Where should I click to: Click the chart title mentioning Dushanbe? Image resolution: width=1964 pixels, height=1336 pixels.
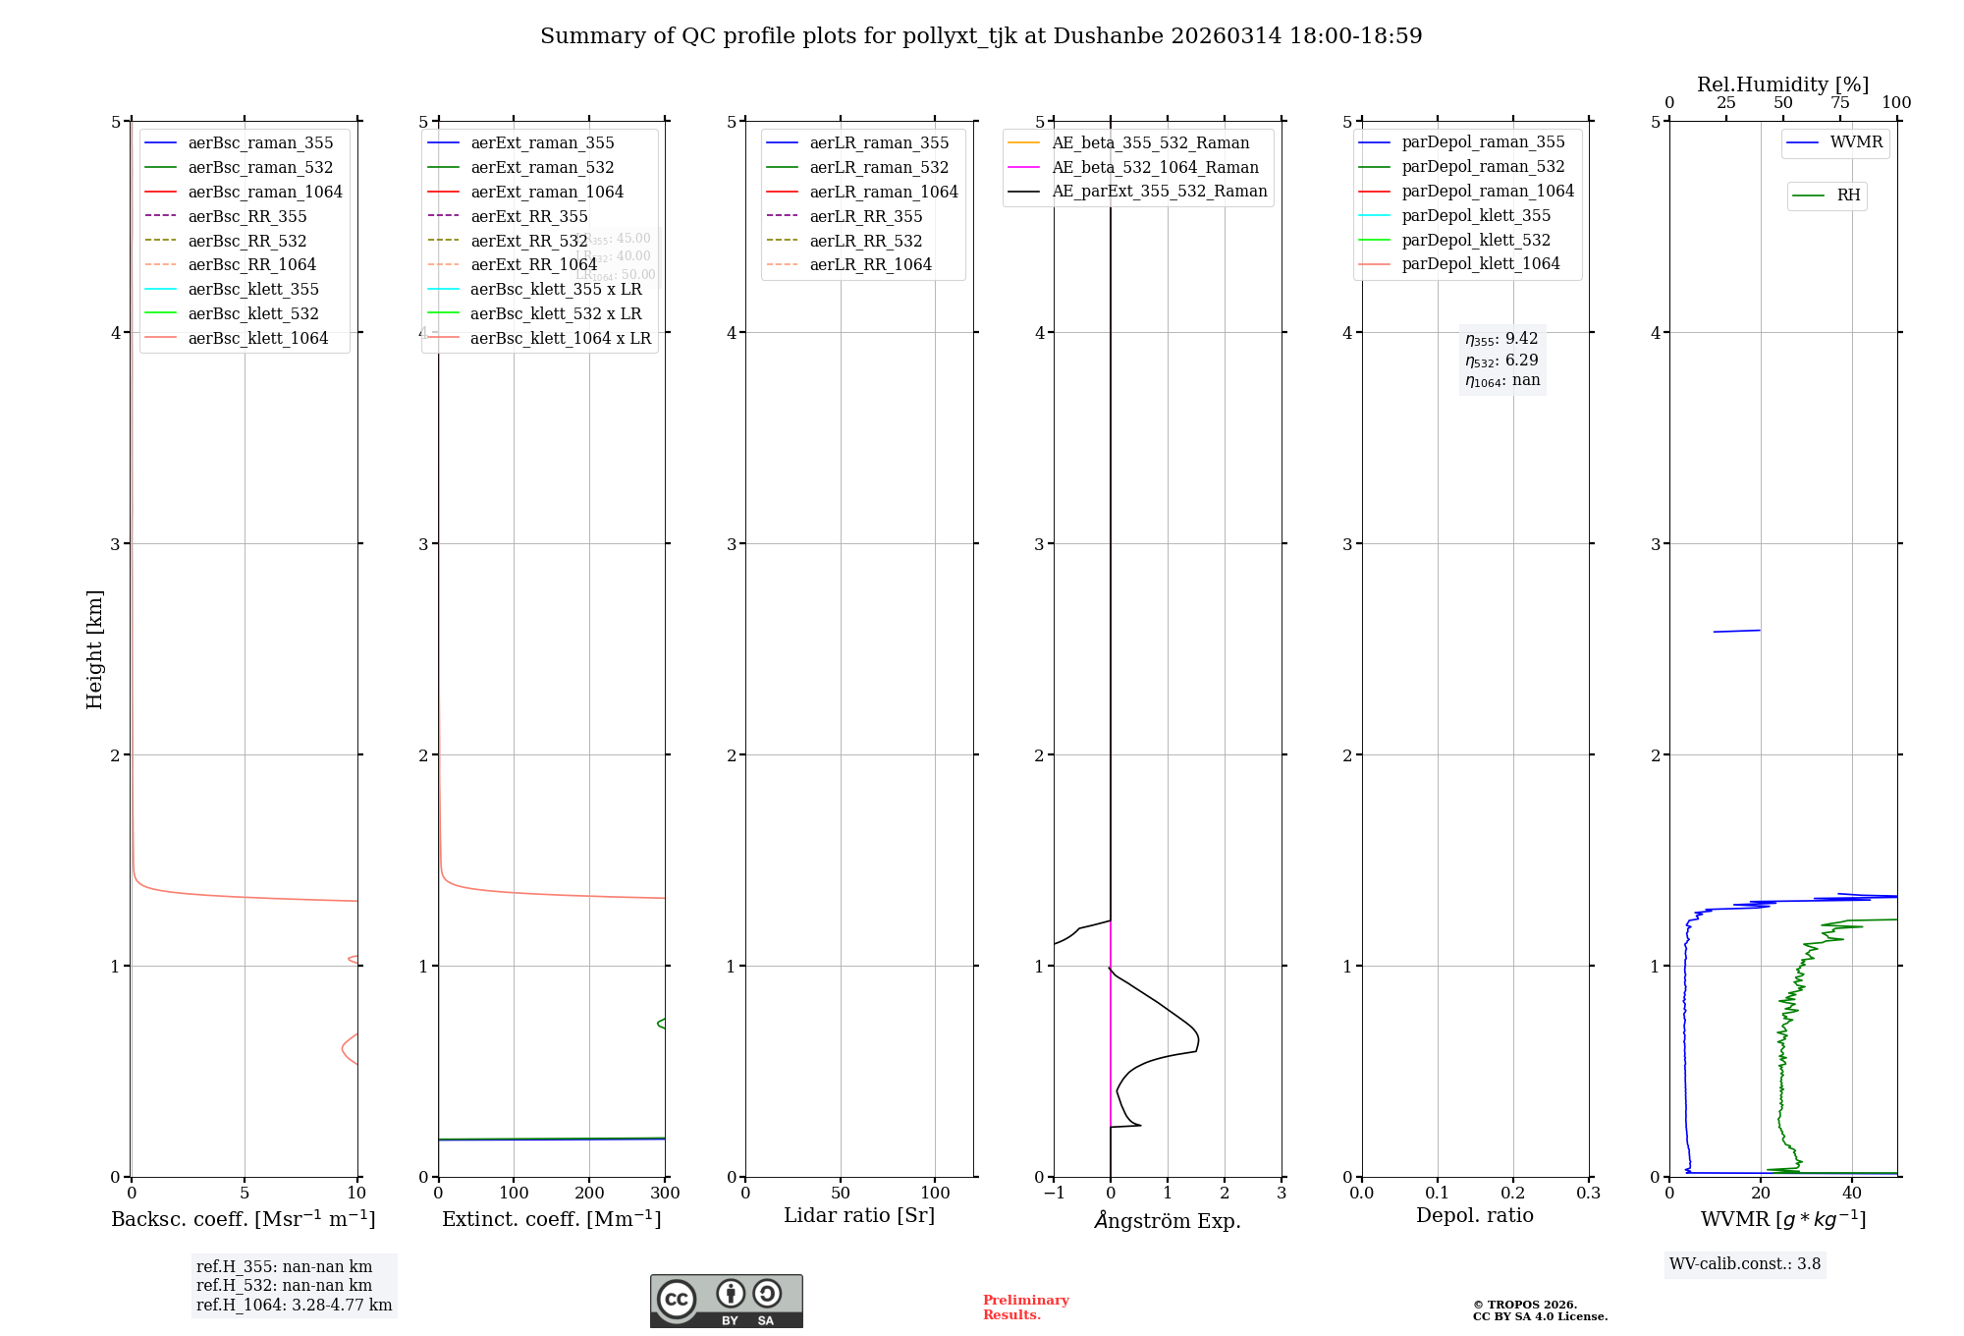pyautogui.click(x=981, y=36)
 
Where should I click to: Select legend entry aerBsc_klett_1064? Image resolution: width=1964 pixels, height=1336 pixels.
pyautogui.click(x=257, y=338)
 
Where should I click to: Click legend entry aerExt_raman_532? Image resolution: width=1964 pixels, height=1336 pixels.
pyautogui.click(x=542, y=167)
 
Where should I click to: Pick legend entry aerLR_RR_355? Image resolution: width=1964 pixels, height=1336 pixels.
pyautogui.click(x=865, y=216)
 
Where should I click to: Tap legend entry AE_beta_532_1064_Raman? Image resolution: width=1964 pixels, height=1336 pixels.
pyautogui.click(x=1155, y=167)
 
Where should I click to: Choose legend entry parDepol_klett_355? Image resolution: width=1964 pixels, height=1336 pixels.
pyautogui.click(x=1476, y=215)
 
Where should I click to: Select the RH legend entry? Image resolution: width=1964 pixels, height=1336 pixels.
pyautogui.click(x=1848, y=195)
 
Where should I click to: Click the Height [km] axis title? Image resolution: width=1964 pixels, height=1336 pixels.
pyautogui.click(x=94, y=648)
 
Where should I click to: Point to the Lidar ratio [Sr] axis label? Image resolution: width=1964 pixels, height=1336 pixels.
pyautogui.click(x=859, y=1215)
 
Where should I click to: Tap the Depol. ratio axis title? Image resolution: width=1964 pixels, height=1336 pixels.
pyautogui.click(x=1474, y=1215)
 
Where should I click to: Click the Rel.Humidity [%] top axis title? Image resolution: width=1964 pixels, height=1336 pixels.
pyautogui.click(x=1782, y=84)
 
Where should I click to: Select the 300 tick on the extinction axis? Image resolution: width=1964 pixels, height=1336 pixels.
pyautogui.click(x=665, y=1193)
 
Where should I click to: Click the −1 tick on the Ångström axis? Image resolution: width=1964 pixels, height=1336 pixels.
pyautogui.click(x=1054, y=1193)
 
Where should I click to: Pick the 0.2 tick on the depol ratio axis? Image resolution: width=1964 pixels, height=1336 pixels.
pyautogui.click(x=1513, y=1193)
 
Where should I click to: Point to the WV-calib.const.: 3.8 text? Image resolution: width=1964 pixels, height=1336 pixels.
pyautogui.click(x=1745, y=1263)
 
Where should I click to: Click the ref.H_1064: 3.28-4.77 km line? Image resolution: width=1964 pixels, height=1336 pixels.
pyautogui.click(x=294, y=1305)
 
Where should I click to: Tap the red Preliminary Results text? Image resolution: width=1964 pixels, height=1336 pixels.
pyautogui.click(x=1025, y=1308)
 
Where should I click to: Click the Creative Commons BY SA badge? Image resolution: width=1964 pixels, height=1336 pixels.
pyautogui.click(x=726, y=1301)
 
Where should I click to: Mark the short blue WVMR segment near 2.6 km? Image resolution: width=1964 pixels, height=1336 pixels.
pyautogui.click(x=1736, y=631)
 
